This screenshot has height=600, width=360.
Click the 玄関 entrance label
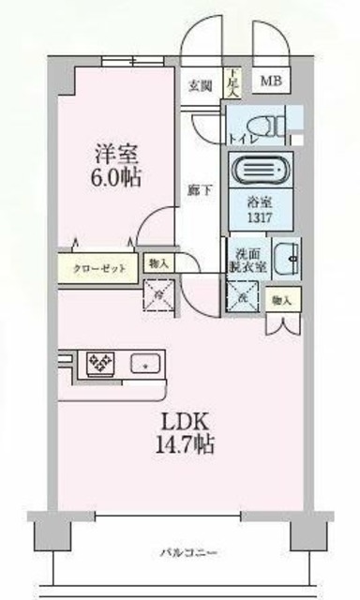200,86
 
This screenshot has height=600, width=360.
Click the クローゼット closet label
100,268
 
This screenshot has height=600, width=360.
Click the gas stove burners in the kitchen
100,362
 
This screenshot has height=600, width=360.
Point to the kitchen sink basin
144,362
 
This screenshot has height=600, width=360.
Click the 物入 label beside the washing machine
281,300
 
